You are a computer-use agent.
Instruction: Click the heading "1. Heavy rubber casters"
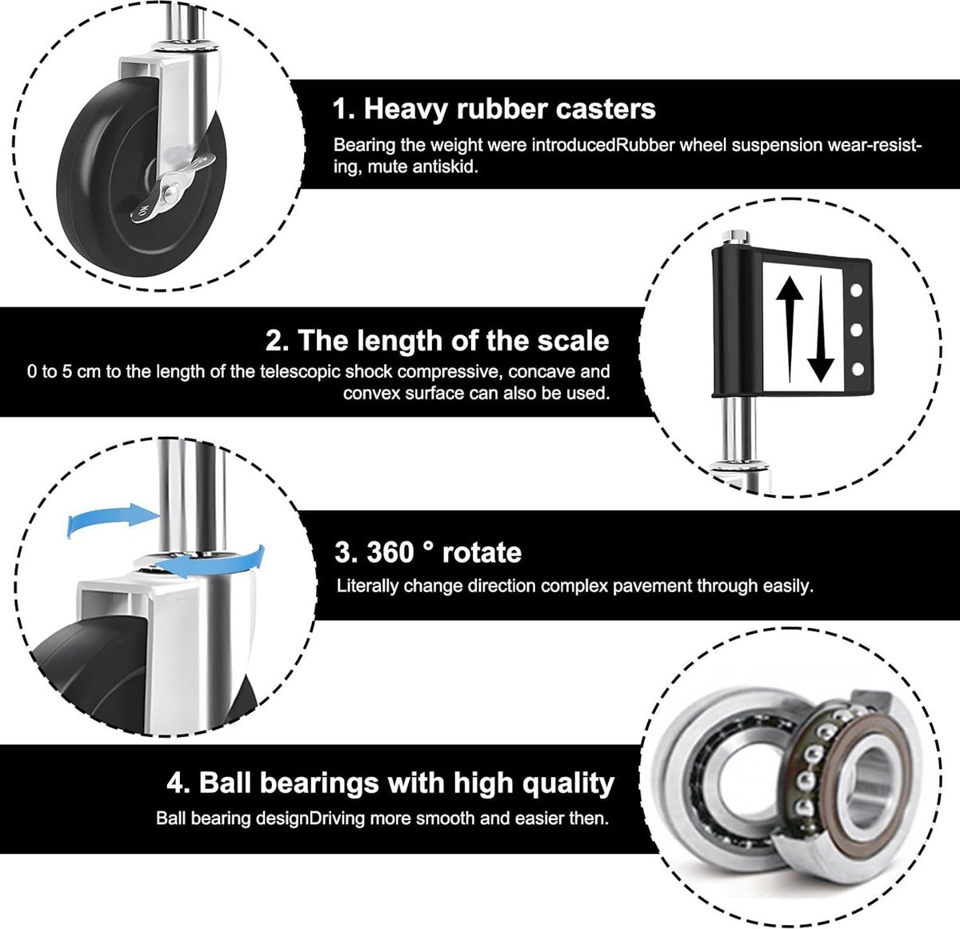[494, 109]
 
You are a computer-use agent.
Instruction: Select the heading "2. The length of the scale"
[437, 340]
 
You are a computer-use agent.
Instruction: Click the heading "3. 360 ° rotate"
[428, 552]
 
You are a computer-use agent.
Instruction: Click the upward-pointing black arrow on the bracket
[790, 330]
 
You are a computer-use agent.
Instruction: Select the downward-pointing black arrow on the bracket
[820, 330]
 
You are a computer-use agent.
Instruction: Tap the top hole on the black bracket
[856, 290]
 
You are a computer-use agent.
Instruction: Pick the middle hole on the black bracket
[857, 330]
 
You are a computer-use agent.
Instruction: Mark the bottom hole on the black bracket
[858, 369]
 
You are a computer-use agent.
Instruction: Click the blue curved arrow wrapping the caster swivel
[217, 562]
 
